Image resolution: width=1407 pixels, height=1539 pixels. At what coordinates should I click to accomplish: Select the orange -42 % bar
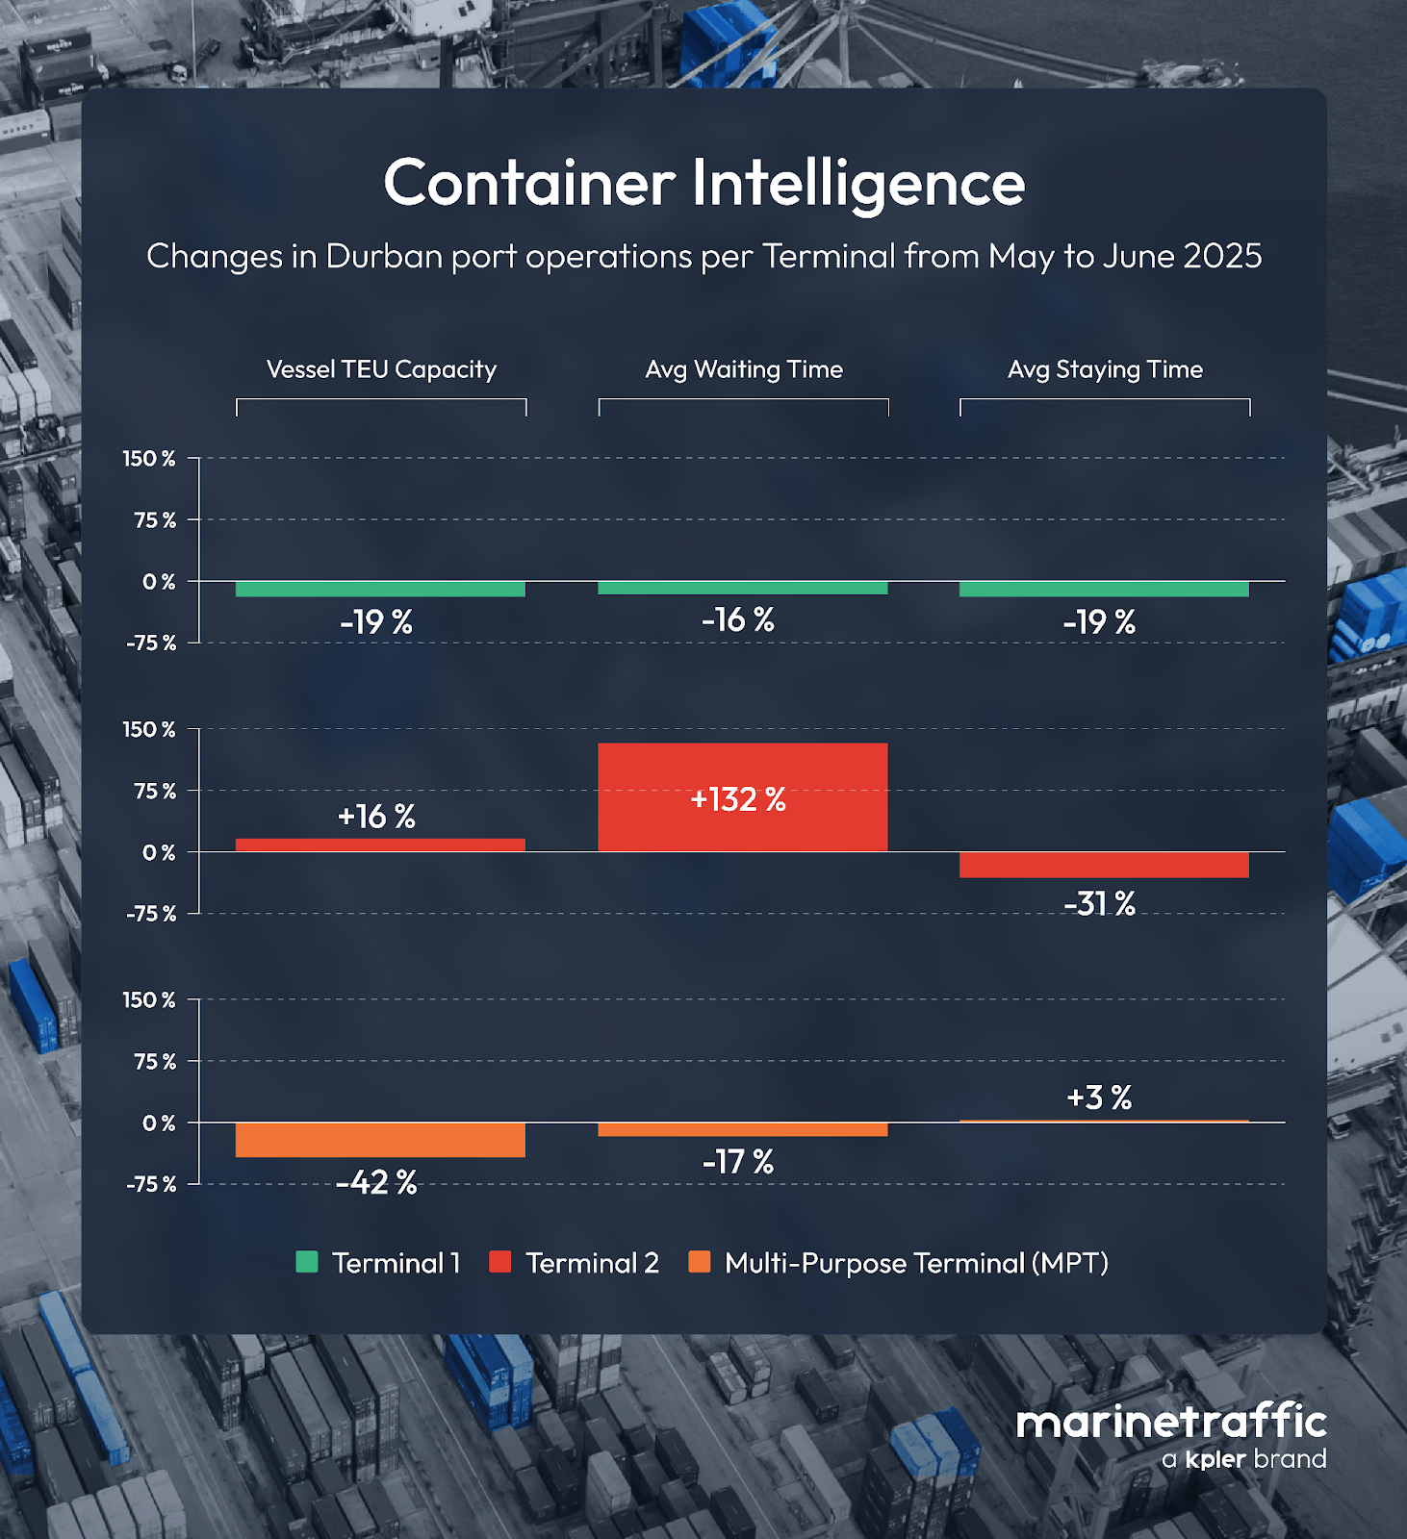tap(380, 1140)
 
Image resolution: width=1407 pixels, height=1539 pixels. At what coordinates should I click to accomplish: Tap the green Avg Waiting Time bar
tap(742, 588)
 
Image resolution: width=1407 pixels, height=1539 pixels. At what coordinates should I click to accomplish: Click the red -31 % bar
tap(1104, 865)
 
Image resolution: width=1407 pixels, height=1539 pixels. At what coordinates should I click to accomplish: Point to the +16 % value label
tap(376, 817)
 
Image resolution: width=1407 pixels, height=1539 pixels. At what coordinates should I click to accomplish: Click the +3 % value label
tap(1099, 1097)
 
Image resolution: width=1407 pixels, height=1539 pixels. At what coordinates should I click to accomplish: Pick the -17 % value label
tap(738, 1162)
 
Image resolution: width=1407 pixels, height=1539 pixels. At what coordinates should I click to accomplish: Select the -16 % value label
tap(738, 619)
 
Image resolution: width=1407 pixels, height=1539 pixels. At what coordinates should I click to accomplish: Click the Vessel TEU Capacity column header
tap(381, 369)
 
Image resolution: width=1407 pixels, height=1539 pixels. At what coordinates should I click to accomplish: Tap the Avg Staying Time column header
tap(1105, 369)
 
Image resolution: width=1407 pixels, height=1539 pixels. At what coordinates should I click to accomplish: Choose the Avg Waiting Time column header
tap(744, 369)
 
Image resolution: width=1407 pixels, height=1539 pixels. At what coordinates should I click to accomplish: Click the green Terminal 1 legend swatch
tap(307, 1262)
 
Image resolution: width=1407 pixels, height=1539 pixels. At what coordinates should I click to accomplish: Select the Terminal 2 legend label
tap(592, 1263)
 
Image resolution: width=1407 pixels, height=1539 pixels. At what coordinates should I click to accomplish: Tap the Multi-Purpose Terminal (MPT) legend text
tap(916, 1263)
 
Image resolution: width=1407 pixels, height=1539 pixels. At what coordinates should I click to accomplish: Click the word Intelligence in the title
tap(858, 183)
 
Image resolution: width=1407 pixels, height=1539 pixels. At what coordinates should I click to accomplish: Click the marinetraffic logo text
tap(1171, 1422)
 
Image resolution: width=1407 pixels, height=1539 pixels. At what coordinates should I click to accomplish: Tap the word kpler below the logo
tap(1216, 1459)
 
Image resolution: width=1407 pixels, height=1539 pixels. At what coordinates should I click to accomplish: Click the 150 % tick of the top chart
tap(149, 459)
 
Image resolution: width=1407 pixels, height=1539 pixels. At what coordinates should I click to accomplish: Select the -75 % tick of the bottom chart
tap(151, 1184)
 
